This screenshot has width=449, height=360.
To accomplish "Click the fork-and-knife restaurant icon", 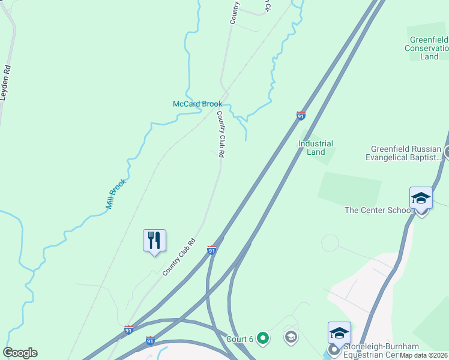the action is (x=154, y=241).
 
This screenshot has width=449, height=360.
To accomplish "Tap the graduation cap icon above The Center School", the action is (x=421, y=198).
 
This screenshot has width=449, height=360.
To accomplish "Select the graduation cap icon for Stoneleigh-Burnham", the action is (x=339, y=333).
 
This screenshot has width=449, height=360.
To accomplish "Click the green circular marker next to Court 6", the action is (x=262, y=338).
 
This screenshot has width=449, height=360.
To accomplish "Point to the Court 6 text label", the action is (x=240, y=338).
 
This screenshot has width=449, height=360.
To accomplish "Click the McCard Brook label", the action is (x=197, y=104).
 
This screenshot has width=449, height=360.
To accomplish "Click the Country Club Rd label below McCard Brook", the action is (x=221, y=134).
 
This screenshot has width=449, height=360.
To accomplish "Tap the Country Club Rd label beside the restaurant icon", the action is (x=179, y=257).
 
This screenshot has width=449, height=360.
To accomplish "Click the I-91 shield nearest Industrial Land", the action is (x=301, y=115).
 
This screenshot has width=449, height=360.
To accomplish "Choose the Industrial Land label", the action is (x=316, y=148).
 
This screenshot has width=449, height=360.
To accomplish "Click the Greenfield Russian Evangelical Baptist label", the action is (x=406, y=153).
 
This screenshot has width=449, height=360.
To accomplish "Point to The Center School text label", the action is (x=379, y=210).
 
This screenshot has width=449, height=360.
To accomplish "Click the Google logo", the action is (x=20, y=353).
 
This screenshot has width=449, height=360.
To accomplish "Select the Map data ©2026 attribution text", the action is (x=423, y=355).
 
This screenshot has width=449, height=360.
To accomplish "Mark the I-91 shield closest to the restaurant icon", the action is (x=211, y=250).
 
